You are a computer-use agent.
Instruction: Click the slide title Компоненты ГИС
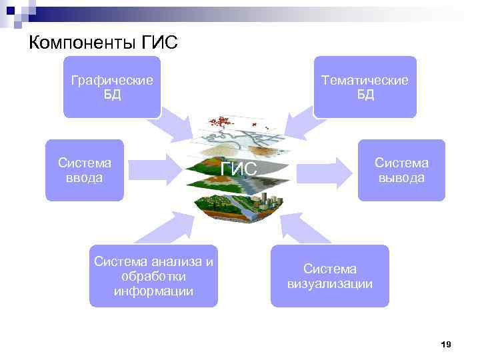(x=103, y=44)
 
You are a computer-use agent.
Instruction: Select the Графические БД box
(x=112, y=87)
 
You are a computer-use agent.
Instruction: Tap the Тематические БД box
(x=365, y=87)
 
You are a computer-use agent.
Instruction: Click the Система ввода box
(x=85, y=170)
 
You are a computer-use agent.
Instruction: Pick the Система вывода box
(x=401, y=170)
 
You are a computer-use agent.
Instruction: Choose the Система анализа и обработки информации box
(x=153, y=276)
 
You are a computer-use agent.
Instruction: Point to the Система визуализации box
(x=330, y=276)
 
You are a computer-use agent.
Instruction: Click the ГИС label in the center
(x=239, y=169)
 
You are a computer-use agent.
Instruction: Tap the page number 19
(x=446, y=344)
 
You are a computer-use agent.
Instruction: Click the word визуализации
(x=330, y=284)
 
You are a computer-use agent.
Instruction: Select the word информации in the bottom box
(x=153, y=291)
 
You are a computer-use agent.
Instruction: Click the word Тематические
(x=365, y=80)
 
